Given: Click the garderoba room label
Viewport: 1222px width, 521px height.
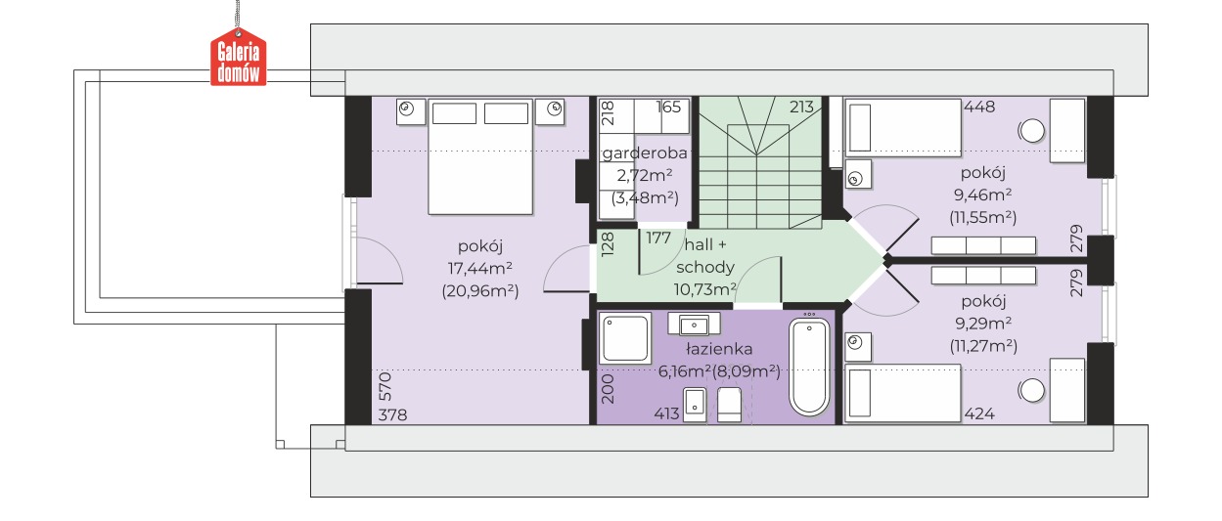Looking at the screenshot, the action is [645, 153].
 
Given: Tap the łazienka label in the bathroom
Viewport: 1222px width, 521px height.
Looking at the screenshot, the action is [719, 348].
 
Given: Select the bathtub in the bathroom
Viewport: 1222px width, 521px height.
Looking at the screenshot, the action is [809, 368].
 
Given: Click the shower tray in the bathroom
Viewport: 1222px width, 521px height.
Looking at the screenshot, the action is [625, 338].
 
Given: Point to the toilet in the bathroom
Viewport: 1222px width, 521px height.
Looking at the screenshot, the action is [729, 405].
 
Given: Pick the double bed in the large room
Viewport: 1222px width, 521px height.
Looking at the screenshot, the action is [480, 156].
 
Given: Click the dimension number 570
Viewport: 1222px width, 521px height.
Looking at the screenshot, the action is [385, 386].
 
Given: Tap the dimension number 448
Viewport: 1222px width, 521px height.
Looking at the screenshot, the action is [979, 107].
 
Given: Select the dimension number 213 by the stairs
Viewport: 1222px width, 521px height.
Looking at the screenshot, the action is [801, 107].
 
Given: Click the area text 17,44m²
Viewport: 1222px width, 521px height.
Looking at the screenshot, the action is [480, 268].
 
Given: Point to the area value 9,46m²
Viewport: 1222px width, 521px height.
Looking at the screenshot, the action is [983, 195].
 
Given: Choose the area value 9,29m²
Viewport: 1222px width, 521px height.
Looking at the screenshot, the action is [983, 324].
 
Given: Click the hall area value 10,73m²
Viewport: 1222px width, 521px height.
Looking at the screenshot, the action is [704, 289].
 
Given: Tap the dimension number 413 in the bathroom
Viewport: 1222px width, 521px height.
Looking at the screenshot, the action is [666, 414].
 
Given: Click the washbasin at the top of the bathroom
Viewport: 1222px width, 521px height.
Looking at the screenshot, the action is [694, 325].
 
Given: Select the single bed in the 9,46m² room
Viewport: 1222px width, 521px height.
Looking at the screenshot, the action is [902, 128].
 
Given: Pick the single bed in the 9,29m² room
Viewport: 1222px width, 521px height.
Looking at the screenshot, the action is [902, 394].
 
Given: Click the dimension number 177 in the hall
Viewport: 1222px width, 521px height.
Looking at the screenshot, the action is [658, 239].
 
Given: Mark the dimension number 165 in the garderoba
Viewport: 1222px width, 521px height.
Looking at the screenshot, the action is [669, 107].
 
